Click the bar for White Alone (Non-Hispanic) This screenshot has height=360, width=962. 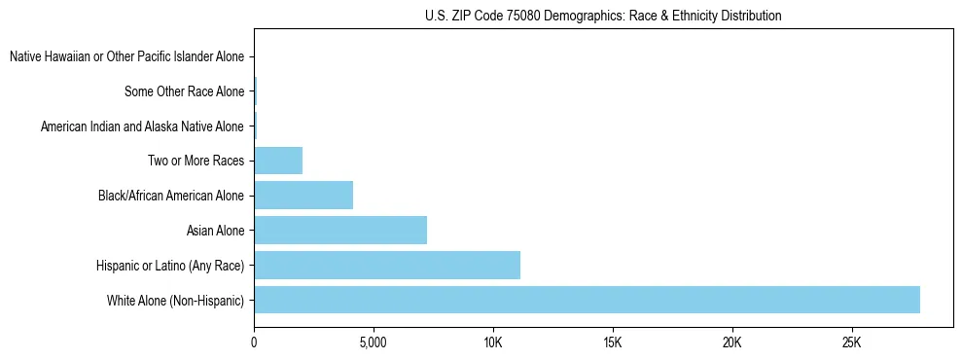click(x=587, y=300)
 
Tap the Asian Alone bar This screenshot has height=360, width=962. click(x=340, y=231)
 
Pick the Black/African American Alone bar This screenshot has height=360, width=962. click(x=303, y=196)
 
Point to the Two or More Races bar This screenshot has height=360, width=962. click(x=278, y=161)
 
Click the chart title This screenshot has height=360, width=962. click(x=603, y=16)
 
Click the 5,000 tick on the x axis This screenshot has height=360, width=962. click(x=374, y=343)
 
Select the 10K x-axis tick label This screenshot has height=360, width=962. click(x=493, y=343)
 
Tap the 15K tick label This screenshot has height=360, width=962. click(x=613, y=343)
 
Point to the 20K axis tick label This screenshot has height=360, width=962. click(x=732, y=343)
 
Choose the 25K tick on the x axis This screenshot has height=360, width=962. click(x=852, y=343)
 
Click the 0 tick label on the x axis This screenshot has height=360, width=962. click(x=254, y=343)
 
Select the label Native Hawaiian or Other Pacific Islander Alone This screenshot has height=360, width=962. click(x=126, y=57)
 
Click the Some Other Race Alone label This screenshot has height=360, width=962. click(x=184, y=91)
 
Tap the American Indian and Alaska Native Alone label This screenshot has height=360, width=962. click(x=142, y=126)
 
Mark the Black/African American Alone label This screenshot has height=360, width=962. click(x=170, y=196)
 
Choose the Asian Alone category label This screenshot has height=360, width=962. click(x=215, y=231)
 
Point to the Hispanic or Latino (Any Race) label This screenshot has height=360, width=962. click(x=170, y=266)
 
